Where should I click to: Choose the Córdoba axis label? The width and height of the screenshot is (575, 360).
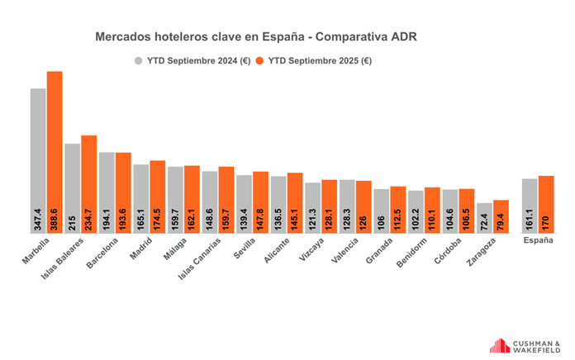450,249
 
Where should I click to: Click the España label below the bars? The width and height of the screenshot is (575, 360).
538,241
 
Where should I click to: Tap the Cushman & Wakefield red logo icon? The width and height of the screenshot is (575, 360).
500,345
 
